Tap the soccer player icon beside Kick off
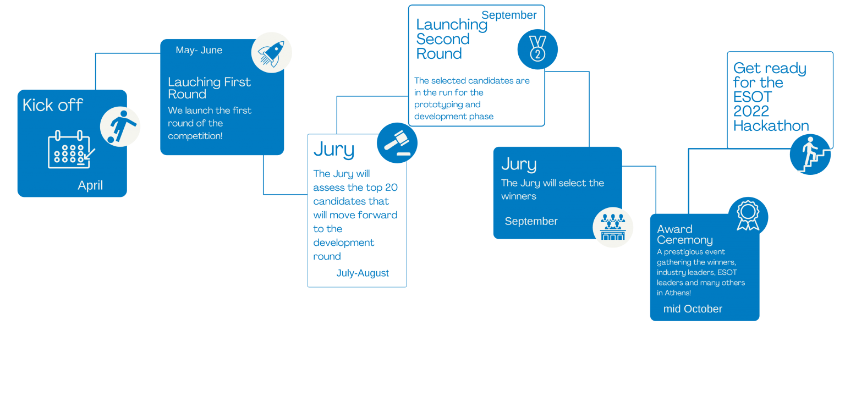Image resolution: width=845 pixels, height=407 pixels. (120, 127)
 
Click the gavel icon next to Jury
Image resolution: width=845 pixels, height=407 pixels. (397, 142)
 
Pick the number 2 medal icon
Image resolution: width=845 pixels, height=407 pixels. (537, 49)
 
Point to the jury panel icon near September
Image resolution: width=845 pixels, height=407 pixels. (613, 227)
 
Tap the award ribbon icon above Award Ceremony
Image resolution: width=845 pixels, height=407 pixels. (748, 216)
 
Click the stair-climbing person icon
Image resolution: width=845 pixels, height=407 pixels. (810, 155)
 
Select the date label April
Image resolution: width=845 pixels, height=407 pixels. (90, 185)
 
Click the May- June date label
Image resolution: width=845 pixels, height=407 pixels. (199, 50)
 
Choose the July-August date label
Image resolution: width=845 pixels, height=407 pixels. (363, 273)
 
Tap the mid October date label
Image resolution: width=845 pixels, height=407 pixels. (693, 309)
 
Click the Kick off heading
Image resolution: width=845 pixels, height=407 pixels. (53, 105)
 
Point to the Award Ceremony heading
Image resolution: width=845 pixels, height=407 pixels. (684, 234)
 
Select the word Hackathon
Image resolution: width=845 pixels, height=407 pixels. (771, 126)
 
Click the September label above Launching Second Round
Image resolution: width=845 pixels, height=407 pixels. (509, 15)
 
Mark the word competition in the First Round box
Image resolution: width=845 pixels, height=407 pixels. (194, 136)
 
